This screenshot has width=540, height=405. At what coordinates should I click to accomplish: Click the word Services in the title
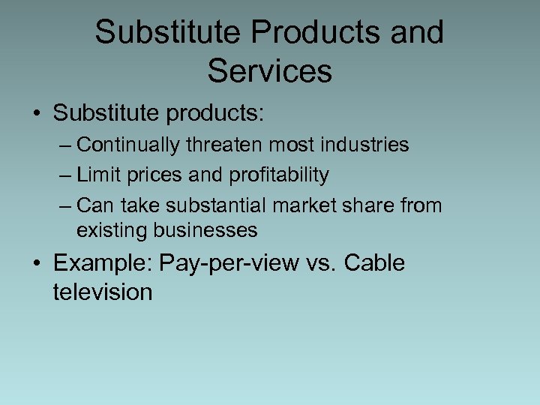pos(269,70)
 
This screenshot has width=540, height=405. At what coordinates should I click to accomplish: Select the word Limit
pos(94,175)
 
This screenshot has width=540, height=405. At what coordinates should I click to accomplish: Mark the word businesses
pos(207,230)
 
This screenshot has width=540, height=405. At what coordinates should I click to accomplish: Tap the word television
pos(102,291)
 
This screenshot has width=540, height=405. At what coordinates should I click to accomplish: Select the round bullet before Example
pos(37,264)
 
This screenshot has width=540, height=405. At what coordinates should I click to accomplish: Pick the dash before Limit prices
pos(64,175)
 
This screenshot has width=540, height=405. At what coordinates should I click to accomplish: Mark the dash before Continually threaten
pos(64,145)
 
